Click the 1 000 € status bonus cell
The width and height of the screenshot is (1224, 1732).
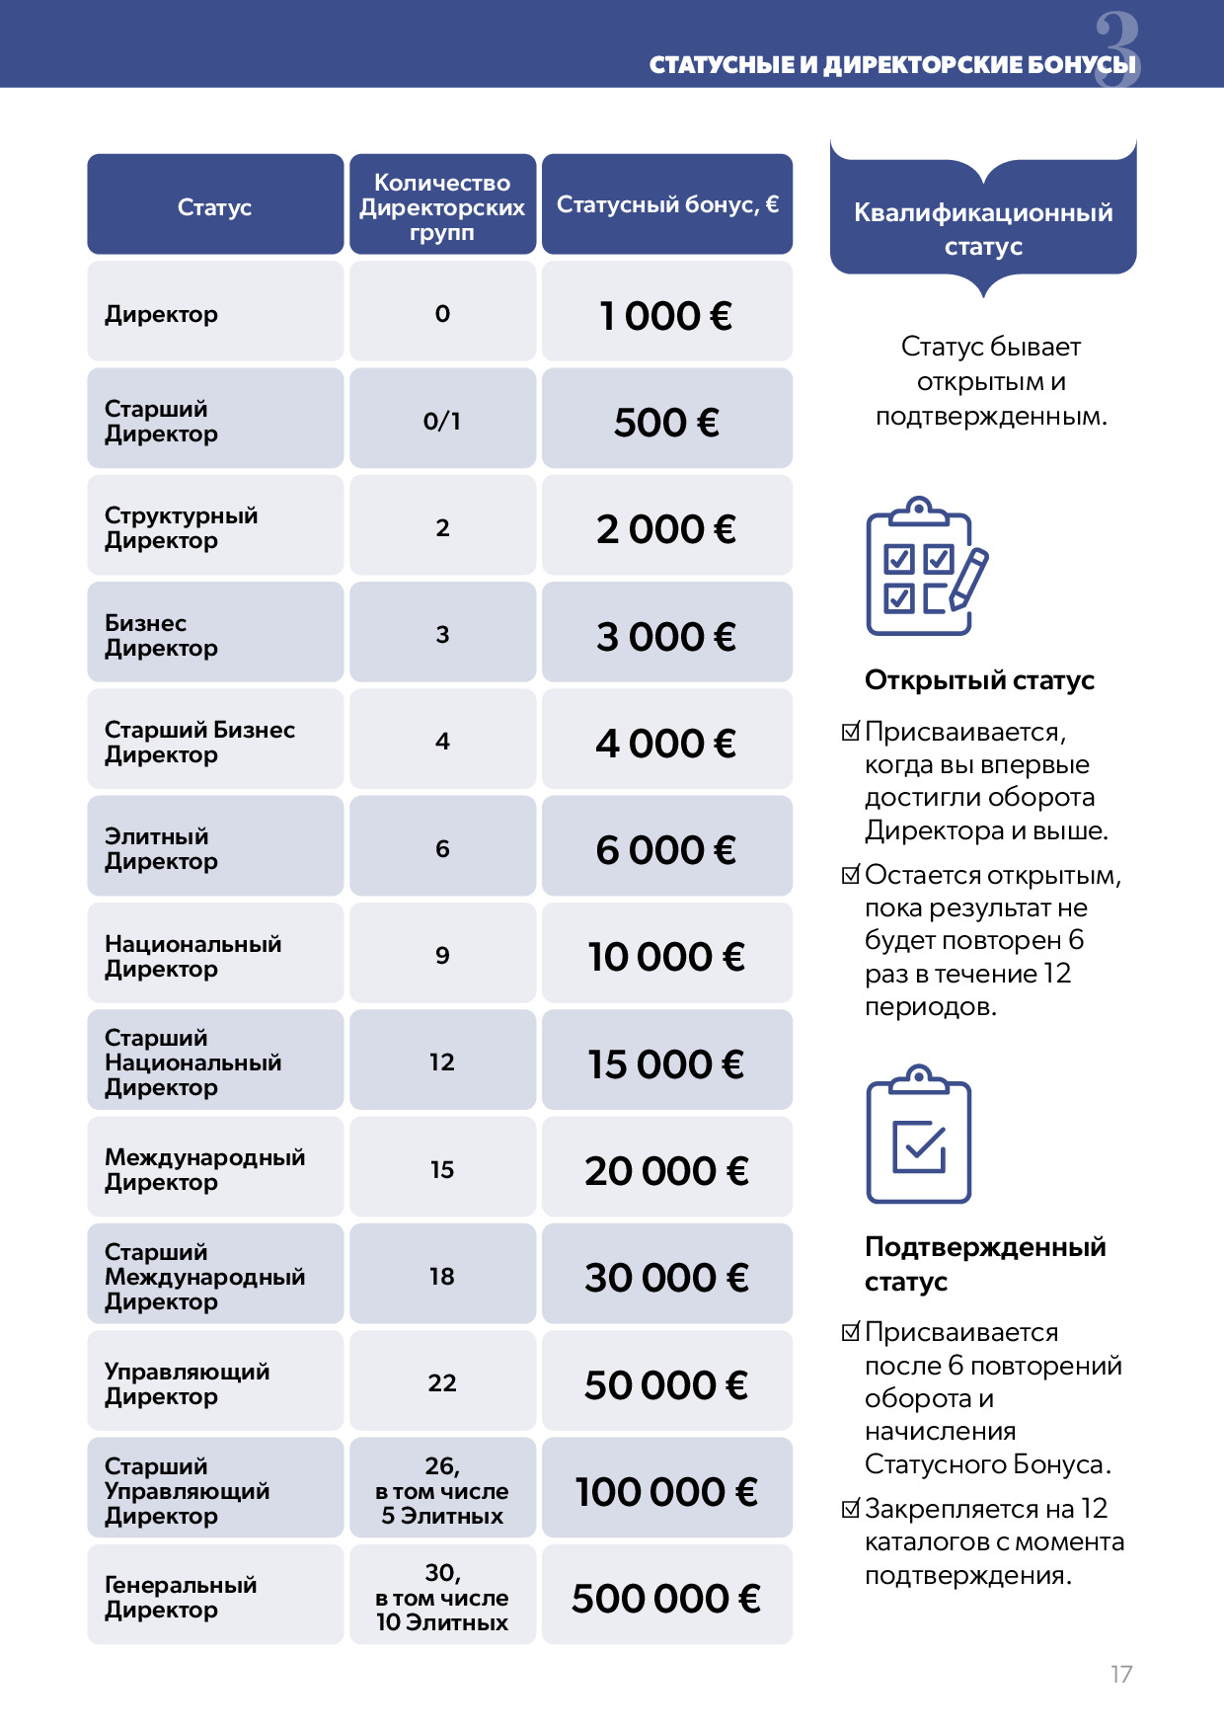[x=666, y=315]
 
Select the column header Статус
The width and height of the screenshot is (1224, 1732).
[x=214, y=206]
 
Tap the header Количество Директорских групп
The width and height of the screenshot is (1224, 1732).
[x=442, y=206]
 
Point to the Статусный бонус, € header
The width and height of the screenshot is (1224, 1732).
[x=667, y=204]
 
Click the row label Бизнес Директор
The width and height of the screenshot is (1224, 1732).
[x=161, y=635]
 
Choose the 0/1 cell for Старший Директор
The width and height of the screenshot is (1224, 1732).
[x=442, y=421]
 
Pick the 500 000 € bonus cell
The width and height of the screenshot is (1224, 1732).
[x=666, y=1598]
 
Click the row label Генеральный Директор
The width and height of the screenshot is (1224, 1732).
[x=181, y=1597]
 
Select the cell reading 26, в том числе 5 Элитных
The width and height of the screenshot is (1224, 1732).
[x=442, y=1490]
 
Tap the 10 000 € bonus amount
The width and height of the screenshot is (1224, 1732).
[x=666, y=956]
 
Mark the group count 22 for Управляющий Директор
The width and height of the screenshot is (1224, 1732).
[x=442, y=1382]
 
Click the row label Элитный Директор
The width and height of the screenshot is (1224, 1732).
[x=161, y=848]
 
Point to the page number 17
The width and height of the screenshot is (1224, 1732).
[x=1121, y=1674]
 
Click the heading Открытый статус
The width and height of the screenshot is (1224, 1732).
[x=979, y=680]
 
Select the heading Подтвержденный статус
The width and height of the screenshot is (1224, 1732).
[x=984, y=1263]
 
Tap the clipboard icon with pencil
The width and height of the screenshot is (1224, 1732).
[x=925, y=566]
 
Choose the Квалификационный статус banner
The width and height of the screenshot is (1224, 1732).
[x=983, y=228]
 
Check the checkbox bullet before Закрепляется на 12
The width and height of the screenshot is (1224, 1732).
[x=851, y=1509]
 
